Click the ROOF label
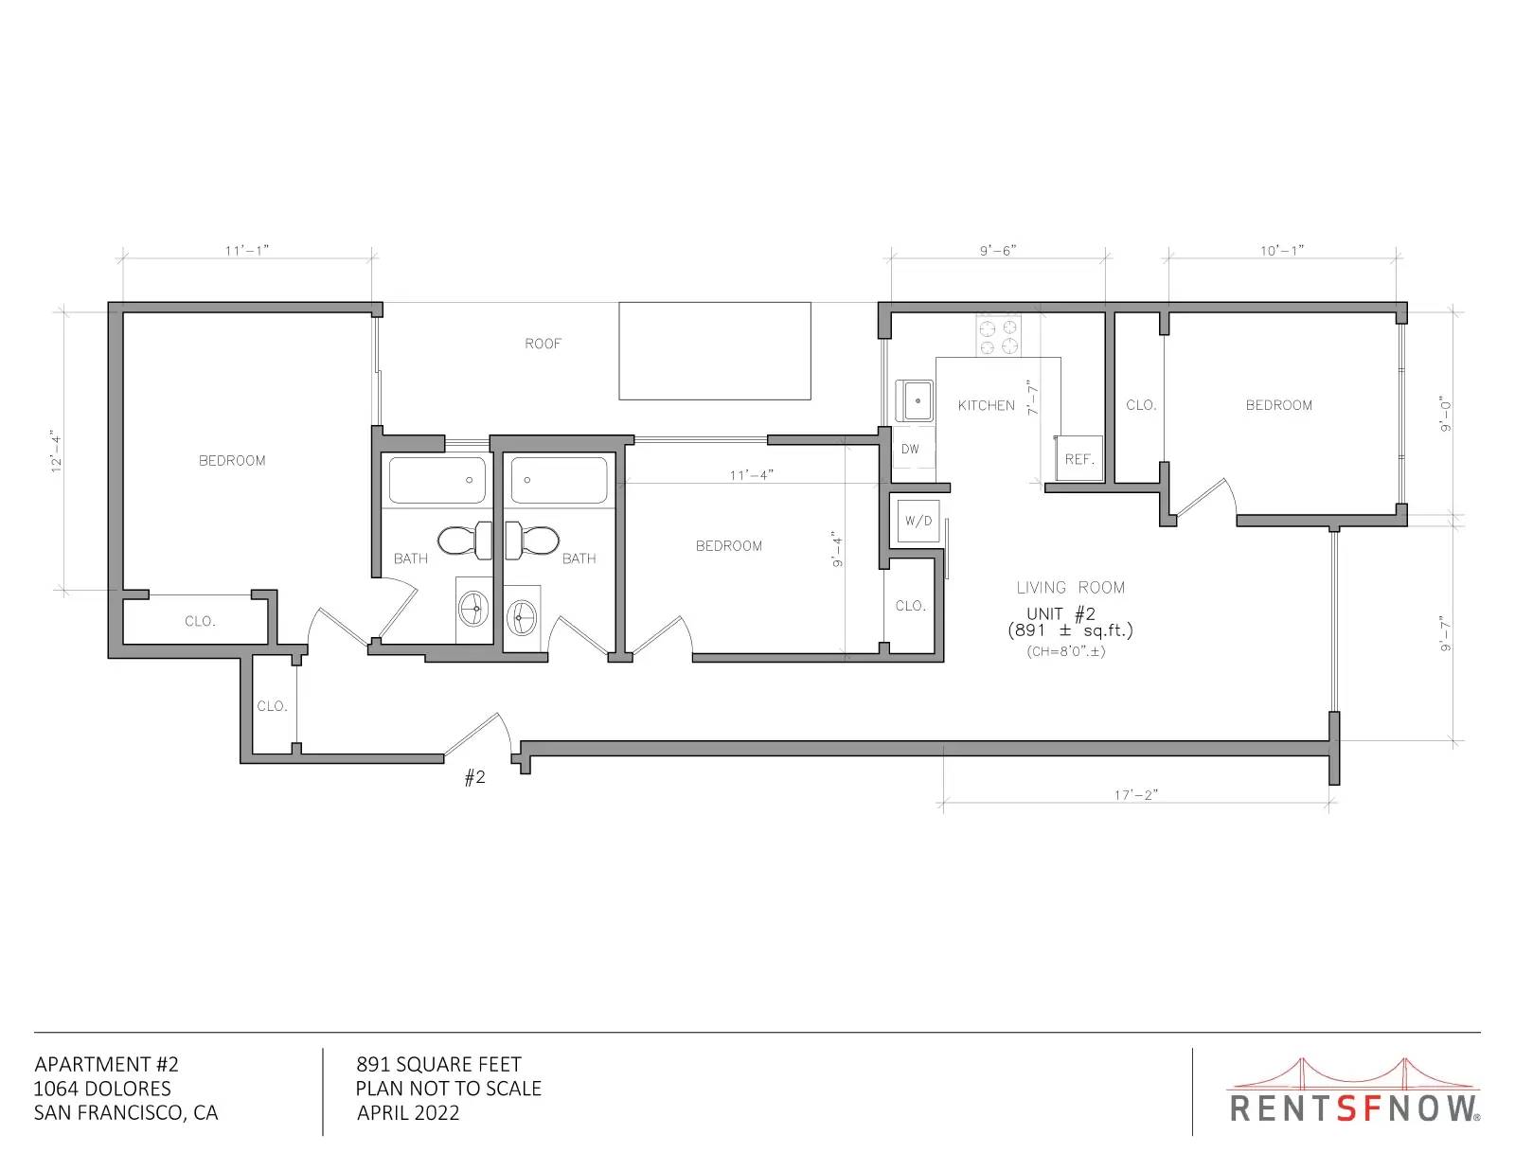(543, 344)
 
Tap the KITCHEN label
(986, 405)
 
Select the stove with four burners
(998, 336)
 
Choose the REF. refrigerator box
(1078, 458)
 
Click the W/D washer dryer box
(918, 521)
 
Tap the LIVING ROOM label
(1070, 588)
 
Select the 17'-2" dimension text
(1135, 795)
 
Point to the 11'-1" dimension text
(247, 250)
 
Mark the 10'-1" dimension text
(1281, 250)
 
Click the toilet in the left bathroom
(464, 541)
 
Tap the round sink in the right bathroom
(522, 616)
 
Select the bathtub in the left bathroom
(437, 479)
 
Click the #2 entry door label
(474, 777)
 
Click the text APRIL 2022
(408, 1113)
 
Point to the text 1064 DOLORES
(102, 1089)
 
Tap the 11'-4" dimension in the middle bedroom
(751, 475)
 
